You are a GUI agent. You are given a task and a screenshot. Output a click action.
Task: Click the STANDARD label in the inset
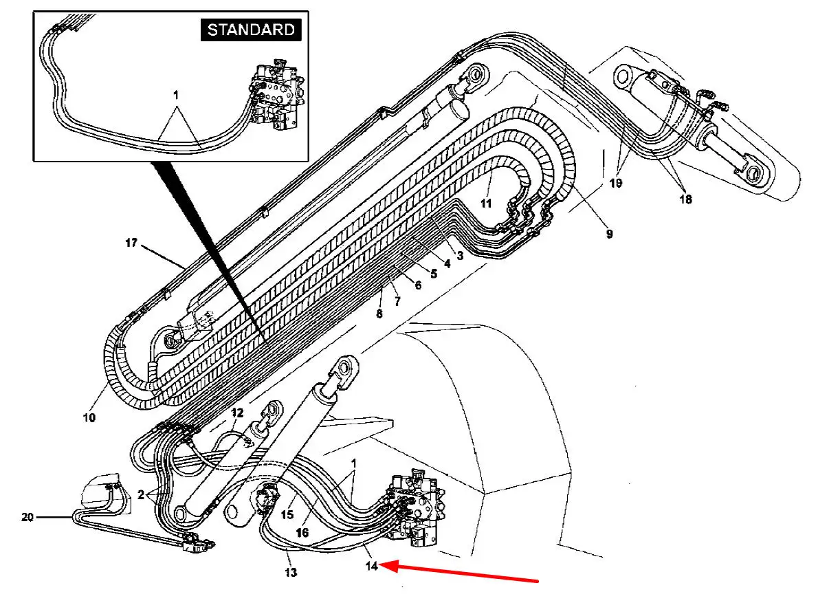251,30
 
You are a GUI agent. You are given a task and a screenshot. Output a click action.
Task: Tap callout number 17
131,243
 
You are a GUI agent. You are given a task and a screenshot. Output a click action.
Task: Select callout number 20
27,517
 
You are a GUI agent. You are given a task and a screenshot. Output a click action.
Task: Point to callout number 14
371,566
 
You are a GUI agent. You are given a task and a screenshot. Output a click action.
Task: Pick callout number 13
291,573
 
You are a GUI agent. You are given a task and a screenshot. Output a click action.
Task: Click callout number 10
89,417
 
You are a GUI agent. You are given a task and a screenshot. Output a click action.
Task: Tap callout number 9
609,234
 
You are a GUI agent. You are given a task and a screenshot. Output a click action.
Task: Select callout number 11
485,204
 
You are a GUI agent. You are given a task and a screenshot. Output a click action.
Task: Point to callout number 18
685,199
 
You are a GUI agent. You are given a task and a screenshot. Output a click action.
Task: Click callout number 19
616,183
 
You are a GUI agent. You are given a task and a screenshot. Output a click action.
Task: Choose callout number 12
237,413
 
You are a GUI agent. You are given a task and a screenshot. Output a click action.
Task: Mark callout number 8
379,314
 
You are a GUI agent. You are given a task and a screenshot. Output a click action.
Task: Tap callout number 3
460,255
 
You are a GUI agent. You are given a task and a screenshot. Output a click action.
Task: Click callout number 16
302,532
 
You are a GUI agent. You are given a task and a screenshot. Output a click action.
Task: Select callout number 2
141,495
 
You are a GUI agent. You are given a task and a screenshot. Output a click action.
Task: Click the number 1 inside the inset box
176,96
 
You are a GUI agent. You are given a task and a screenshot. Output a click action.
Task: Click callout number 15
287,514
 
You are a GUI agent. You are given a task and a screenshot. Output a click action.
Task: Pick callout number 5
434,274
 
